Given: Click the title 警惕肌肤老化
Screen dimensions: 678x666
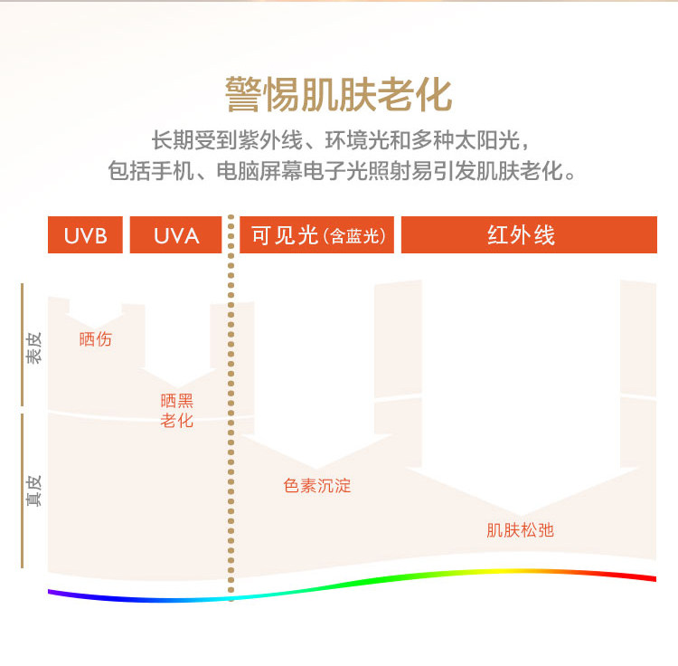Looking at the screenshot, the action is [339, 94].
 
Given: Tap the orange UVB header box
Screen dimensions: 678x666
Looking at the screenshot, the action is [85, 235].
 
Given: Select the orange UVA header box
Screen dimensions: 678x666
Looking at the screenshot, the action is [176, 235].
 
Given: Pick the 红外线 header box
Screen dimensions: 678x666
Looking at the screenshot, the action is [528, 235].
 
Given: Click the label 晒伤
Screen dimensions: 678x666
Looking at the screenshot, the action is [96, 339].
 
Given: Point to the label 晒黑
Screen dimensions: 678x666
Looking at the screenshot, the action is [176, 401].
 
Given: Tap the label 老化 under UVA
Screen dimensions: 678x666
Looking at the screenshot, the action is [176, 421].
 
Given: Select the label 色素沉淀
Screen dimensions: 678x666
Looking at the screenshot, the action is [316, 486].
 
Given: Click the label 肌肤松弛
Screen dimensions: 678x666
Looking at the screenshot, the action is [520, 530].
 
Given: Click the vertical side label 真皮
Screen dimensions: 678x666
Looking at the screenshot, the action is [33, 490].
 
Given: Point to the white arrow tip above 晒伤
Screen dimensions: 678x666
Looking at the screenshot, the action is [96, 323].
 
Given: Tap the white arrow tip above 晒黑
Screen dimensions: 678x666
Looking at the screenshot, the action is [177, 384].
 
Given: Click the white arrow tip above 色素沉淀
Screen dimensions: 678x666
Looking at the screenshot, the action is [316, 465].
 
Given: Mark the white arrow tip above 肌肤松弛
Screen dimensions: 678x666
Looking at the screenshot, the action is [520, 511].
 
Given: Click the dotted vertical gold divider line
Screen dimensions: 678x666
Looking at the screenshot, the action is [231, 407].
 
